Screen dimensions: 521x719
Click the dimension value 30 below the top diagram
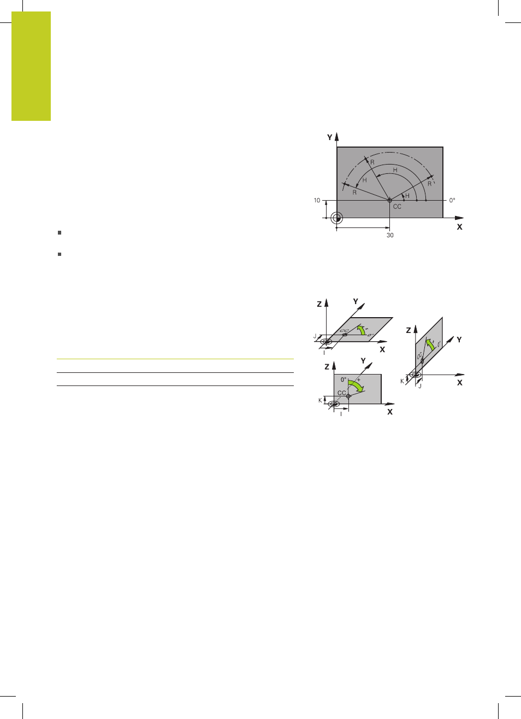point(390,235)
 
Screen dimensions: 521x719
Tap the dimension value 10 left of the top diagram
point(317,201)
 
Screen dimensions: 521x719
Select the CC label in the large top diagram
point(397,207)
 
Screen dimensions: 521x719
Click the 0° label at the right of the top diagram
point(452,200)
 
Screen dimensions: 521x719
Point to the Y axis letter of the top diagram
point(330,137)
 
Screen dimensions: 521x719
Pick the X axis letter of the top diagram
point(459,227)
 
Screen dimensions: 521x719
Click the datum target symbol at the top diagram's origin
point(336,218)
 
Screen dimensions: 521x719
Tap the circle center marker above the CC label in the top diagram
point(389,200)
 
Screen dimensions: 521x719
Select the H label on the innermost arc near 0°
point(407,196)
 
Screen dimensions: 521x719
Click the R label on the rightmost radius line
point(429,184)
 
